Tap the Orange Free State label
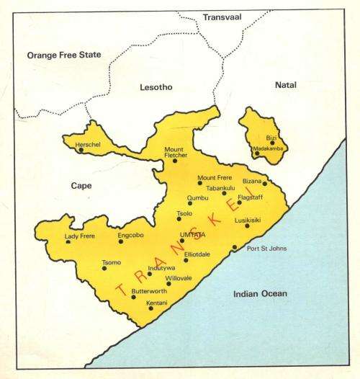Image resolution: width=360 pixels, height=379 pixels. coord(63,55)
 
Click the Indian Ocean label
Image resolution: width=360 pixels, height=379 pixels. coord(260,293)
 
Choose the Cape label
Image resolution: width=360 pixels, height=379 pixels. coord(81,185)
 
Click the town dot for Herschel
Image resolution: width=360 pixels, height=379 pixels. coord(81,150)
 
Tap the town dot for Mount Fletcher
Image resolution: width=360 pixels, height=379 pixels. coord(174,160)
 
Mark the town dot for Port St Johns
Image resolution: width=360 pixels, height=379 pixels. coord(235,248)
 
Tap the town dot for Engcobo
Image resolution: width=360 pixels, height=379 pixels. coord(121,241)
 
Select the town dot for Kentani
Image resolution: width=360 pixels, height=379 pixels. coord(150,308)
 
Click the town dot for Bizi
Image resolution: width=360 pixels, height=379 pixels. coord(272,142)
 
